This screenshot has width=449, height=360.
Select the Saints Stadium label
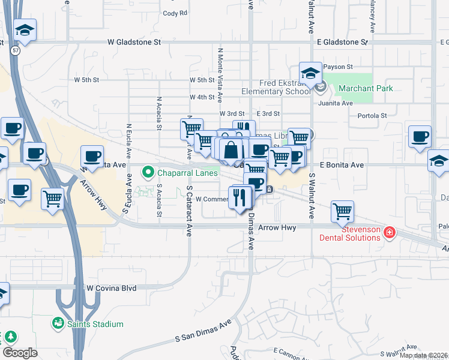[x=95, y=324]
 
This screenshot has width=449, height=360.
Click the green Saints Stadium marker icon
[x=58, y=324]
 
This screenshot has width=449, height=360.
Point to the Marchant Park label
[x=365, y=88]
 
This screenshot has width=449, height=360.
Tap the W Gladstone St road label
[x=135, y=43]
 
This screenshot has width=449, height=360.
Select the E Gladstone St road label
[x=339, y=43]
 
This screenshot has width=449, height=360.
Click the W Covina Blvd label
[x=111, y=288]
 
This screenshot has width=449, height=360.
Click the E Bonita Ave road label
[x=342, y=164]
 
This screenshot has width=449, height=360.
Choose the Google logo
[x=20, y=353]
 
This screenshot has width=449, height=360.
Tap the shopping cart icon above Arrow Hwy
[x=342, y=211]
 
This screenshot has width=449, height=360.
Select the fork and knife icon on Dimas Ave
[x=240, y=196]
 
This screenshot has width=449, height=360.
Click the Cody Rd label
[x=175, y=13]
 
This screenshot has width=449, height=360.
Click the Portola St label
[x=372, y=116]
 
